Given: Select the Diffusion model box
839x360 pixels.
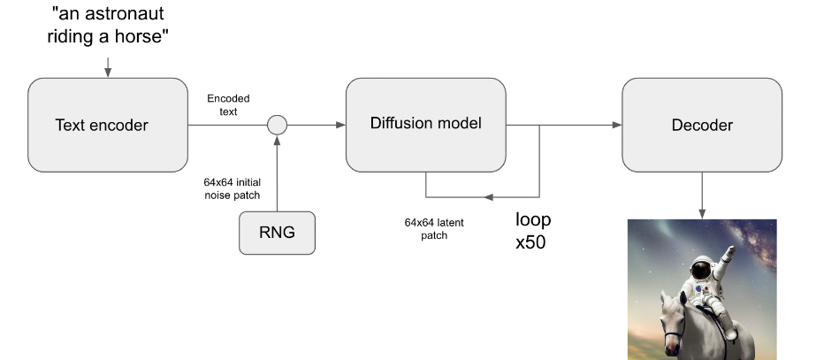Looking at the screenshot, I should coord(425,125).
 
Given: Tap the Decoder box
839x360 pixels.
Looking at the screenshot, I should coord(702,125).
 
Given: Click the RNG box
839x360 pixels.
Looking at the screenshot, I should coord(277,234).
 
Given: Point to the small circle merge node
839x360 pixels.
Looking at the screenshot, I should coord(278,125).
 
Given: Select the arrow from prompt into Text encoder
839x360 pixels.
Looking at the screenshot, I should coord(107,66).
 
